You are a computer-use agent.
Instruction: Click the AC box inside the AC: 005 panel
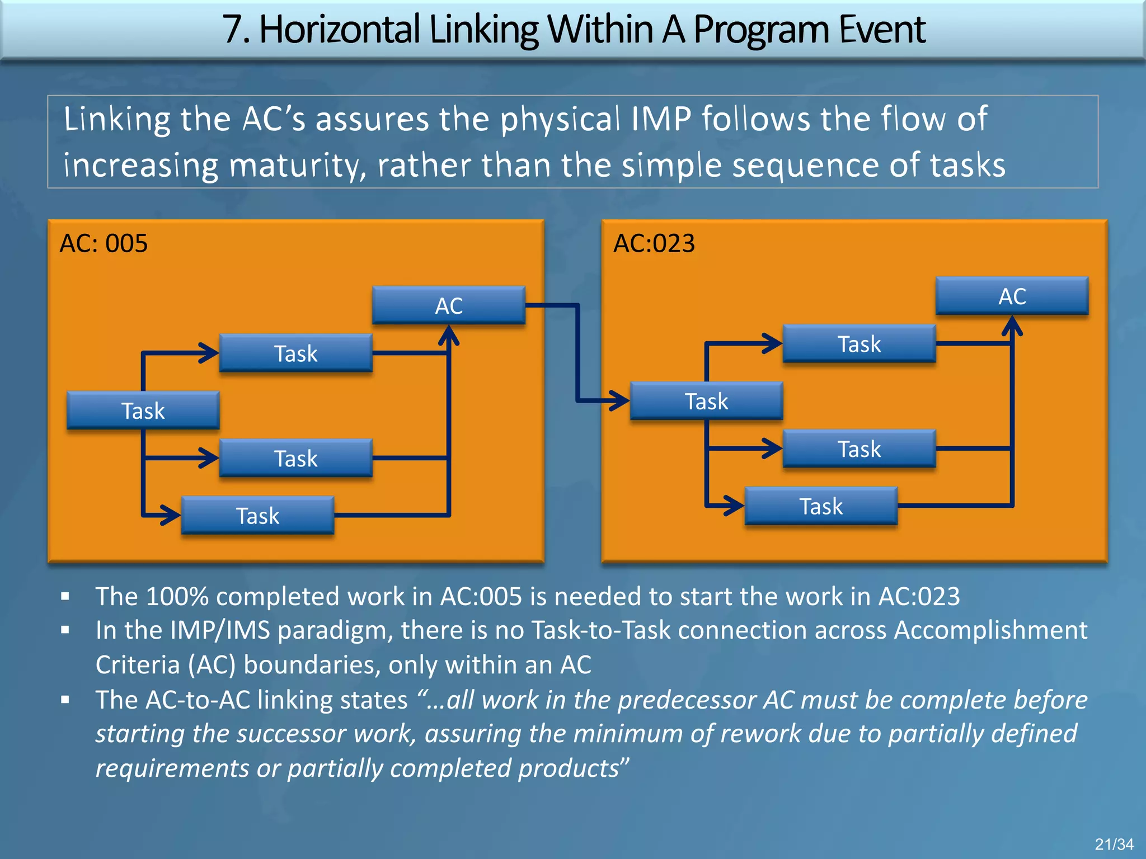448,305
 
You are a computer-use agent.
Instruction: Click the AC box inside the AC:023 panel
1012,296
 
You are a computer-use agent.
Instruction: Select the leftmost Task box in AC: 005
143,410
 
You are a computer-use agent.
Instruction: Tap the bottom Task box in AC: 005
257,515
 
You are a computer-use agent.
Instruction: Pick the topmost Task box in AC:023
859,343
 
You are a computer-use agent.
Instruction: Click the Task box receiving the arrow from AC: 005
706,401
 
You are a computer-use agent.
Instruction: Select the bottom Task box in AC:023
821,506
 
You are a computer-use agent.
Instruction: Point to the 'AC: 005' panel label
104,243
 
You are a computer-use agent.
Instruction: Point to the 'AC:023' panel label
654,243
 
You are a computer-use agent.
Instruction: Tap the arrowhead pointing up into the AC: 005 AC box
449,335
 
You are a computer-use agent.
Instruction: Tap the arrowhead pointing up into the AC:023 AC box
1012,325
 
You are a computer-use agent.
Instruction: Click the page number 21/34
1114,844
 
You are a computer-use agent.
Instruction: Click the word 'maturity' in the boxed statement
297,166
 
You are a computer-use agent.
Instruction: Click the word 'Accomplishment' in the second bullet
990,630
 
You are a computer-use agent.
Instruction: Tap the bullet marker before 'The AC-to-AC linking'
65,700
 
